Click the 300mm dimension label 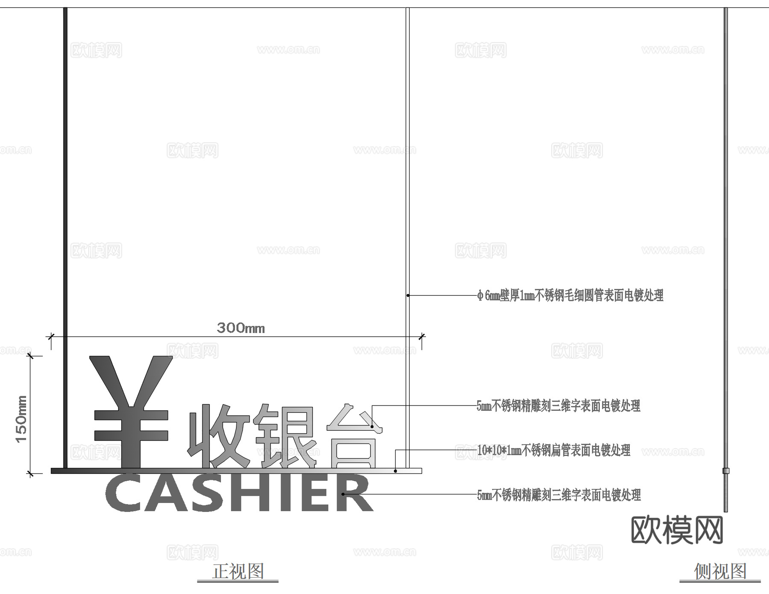pos(241,328)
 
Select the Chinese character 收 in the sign pos(218,436)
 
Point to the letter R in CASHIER pos(355,494)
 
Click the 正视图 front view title pos(238,571)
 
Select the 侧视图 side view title pos(720,571)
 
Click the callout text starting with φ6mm pos(570,295)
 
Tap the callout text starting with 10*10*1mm pos(554,450)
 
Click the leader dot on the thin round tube pos(408,295)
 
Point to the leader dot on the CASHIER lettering pos(343,494)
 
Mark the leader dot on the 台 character pos(372,426)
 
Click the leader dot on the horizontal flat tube pos(396,471)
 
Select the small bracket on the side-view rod pos(725,471)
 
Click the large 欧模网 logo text pos(677,530)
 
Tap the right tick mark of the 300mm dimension pos(422,337)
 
